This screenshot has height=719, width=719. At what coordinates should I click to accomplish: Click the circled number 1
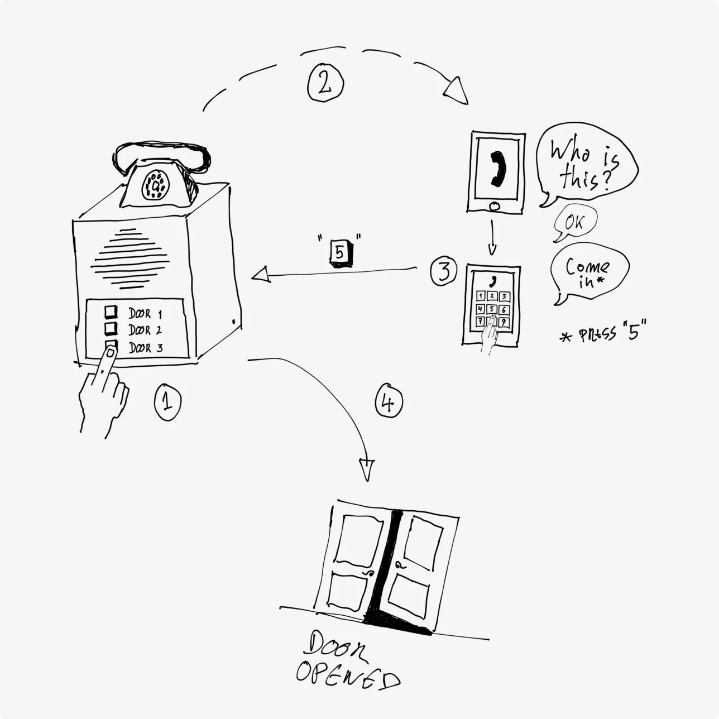click(x=167, y=402)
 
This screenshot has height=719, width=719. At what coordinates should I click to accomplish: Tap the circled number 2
click(x=325, y=83)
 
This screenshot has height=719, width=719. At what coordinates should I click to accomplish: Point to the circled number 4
click(x=389, y=401)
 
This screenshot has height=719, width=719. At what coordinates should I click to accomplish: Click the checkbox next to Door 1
click(x=111, y=311)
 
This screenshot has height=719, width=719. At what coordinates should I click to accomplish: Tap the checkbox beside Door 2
click(x=111, y=328)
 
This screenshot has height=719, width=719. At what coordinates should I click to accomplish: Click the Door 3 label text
click(x=146, y=348)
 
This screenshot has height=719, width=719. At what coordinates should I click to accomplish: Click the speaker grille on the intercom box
click(x=130, y=258)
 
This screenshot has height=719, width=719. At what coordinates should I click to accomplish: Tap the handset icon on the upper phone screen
click(x=496, y=169)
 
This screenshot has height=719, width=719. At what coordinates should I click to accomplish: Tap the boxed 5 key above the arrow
click(x=339, y=252)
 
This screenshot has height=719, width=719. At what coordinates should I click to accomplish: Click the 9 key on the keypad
click(x=504, y=322)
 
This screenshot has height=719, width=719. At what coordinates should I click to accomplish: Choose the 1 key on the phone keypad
click(x=480, y=296)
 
